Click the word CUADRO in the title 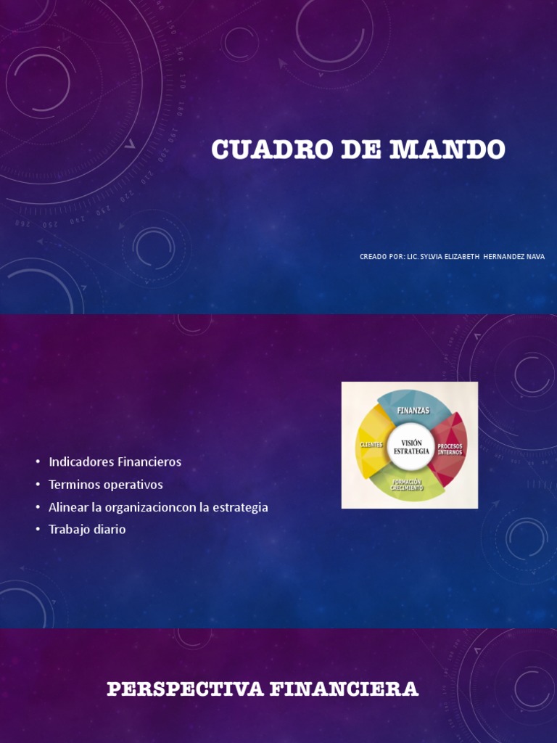coord(255,149)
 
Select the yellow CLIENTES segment coord(371,443)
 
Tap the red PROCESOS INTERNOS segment coord(450,447)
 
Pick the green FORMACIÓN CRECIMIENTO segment coord(406,485)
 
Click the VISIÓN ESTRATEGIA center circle coord(411,447)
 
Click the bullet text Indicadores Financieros coord(115,461)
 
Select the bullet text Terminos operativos coord(105,484)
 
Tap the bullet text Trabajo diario coord(87,529)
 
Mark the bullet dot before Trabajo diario coord(37,530)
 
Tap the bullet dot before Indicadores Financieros coord(37,462)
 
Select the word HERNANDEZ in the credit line coord(500,256)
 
